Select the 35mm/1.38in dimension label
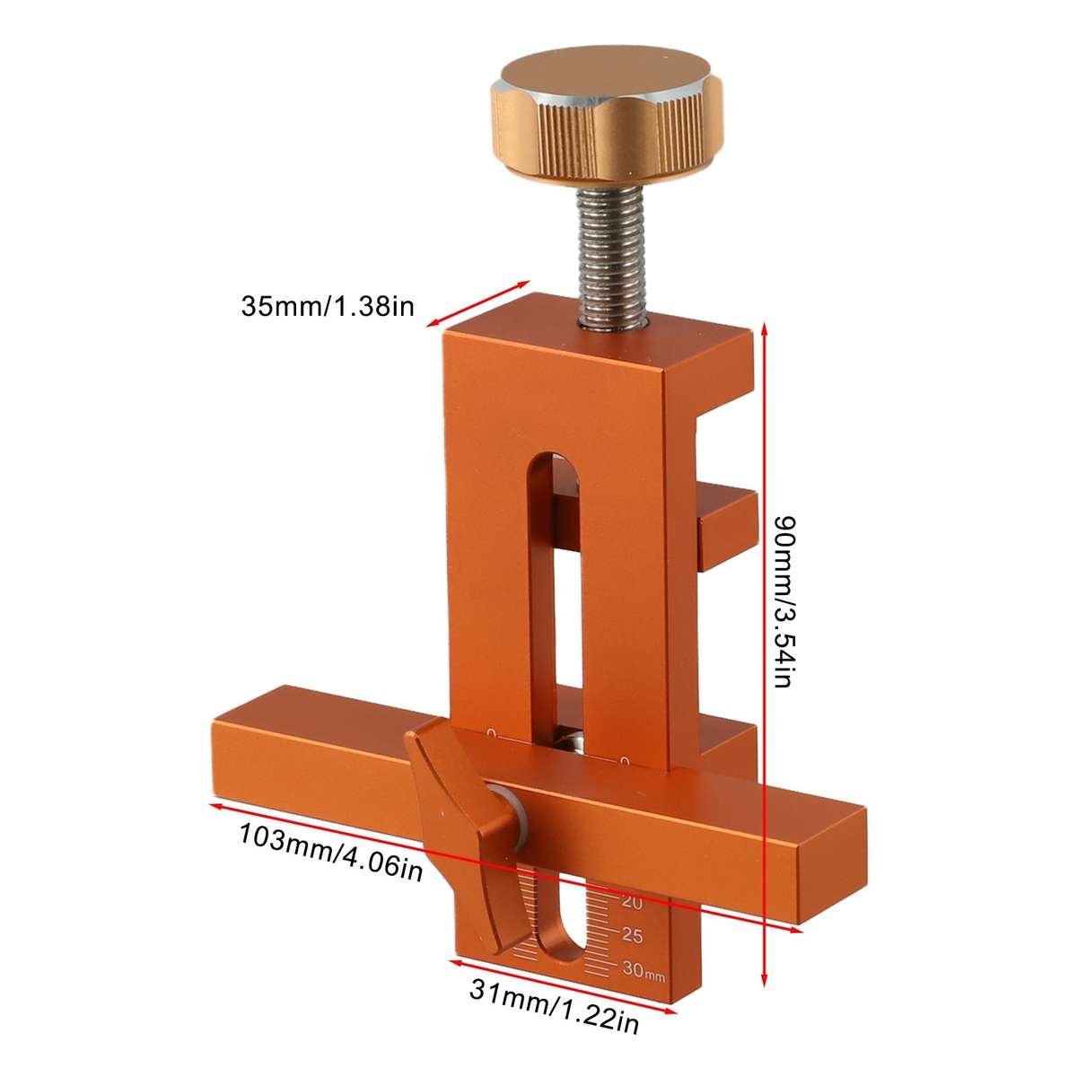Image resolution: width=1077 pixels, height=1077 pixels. coord(327,308)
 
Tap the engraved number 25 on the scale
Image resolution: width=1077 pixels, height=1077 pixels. coord(632,936)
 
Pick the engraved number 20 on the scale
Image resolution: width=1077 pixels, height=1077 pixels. coord(631,903)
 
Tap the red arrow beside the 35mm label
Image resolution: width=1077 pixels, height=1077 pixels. coord(476,305)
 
